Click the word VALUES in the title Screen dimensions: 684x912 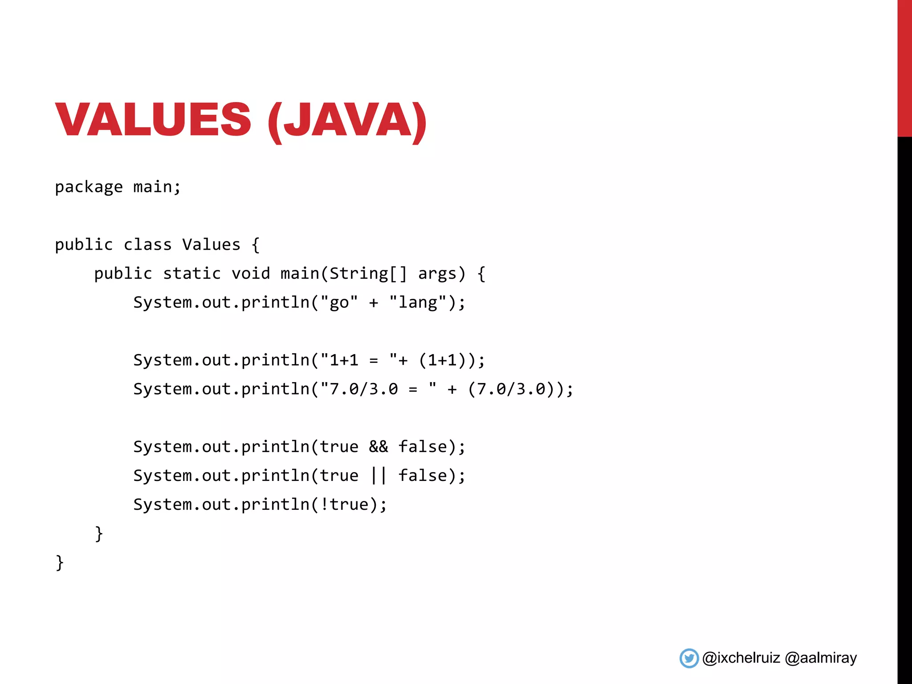click(x=153, y=119)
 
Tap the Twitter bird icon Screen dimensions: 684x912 click(x=689, y=658)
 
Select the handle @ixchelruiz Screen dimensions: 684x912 click(x=741, y=658)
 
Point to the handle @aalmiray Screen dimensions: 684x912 click(x=821, y=658)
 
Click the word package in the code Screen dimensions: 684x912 click(x=89, y=187)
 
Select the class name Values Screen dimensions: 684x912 click(x=211, y=244)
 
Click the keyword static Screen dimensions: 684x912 click(x=191, y=273)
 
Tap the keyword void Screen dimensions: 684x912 click(x=251, y=273)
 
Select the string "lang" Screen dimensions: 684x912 click(x=418, y=302)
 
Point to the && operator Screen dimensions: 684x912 click(x=379, y=447)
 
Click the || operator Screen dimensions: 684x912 click(x=379, y=476)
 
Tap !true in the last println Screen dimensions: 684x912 click(x=344, y=505)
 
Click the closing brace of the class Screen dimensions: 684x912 click(x=60, y=562)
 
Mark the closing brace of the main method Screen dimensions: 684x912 click(x=99, y=533)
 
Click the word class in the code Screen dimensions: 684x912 click(x=147, y=244)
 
